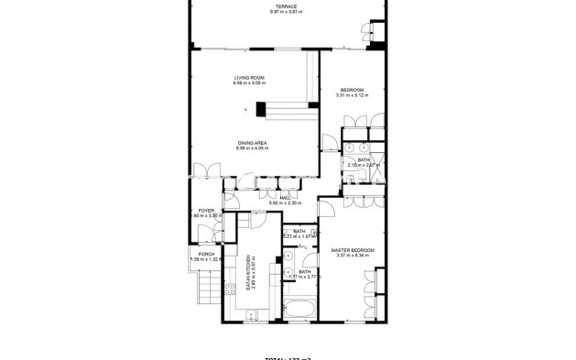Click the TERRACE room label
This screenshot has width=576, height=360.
[288, 5]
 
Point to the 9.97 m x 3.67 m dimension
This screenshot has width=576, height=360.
[288, 12]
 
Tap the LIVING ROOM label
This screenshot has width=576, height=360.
[249, 78]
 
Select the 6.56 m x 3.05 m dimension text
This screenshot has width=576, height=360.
[249, 83]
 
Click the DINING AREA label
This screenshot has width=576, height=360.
[252, 143]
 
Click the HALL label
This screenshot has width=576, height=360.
[286, 197]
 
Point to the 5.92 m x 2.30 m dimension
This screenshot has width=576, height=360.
[286, 202]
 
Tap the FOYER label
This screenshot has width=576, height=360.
[206, 211]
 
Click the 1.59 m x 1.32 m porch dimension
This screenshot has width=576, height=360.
[206, 260]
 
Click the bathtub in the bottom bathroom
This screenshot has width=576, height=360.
[299, 307]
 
